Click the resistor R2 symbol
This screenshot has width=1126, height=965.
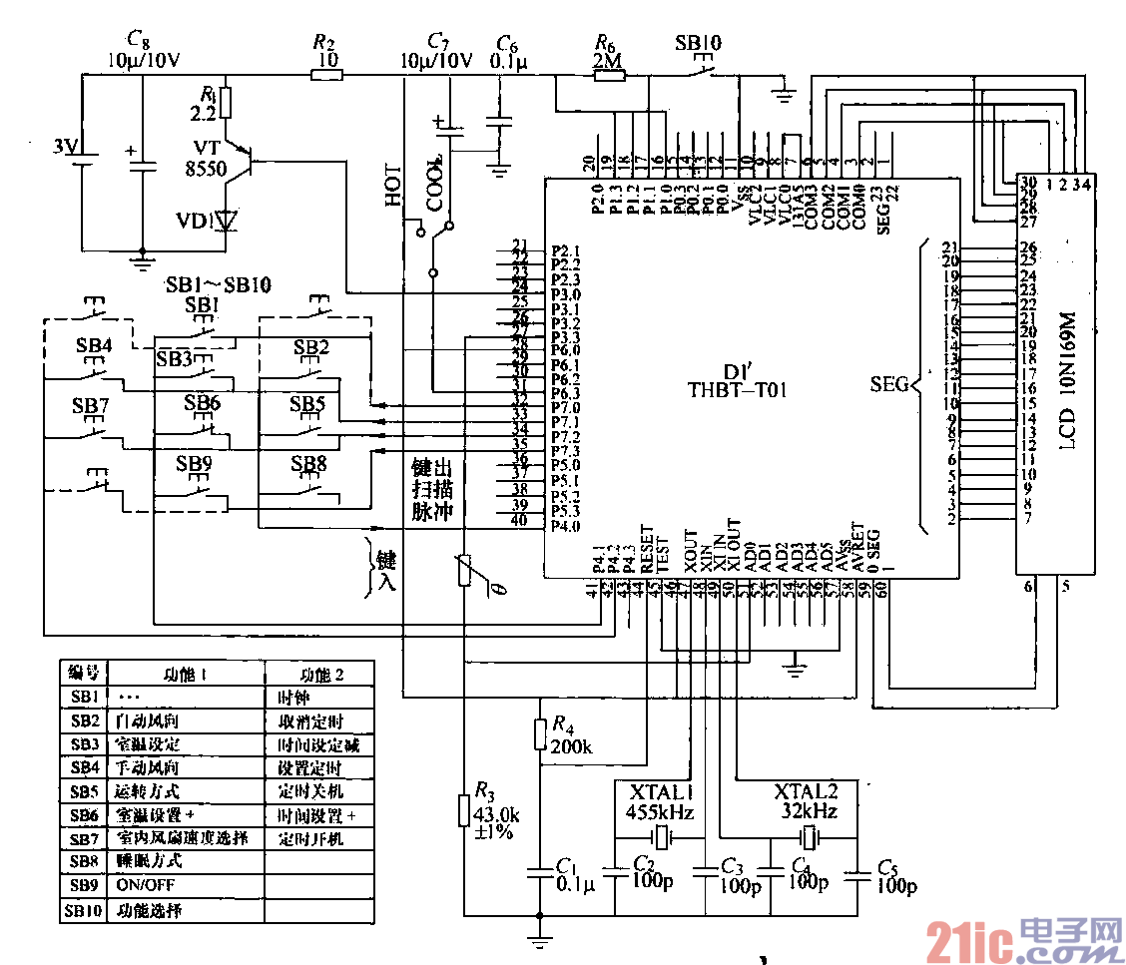[324, 75]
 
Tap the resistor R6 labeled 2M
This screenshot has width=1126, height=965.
[609, 75]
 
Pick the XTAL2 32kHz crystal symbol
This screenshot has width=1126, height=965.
[809, 836]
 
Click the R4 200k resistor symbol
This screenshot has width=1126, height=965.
[540, 733]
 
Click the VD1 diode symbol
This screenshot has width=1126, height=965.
[228, 220]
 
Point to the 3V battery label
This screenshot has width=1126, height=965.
[65, 147]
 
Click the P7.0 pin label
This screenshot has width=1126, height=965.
[565, 407]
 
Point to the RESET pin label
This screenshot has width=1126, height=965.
[646, 549]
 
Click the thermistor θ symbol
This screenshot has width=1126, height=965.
[464, 571]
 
